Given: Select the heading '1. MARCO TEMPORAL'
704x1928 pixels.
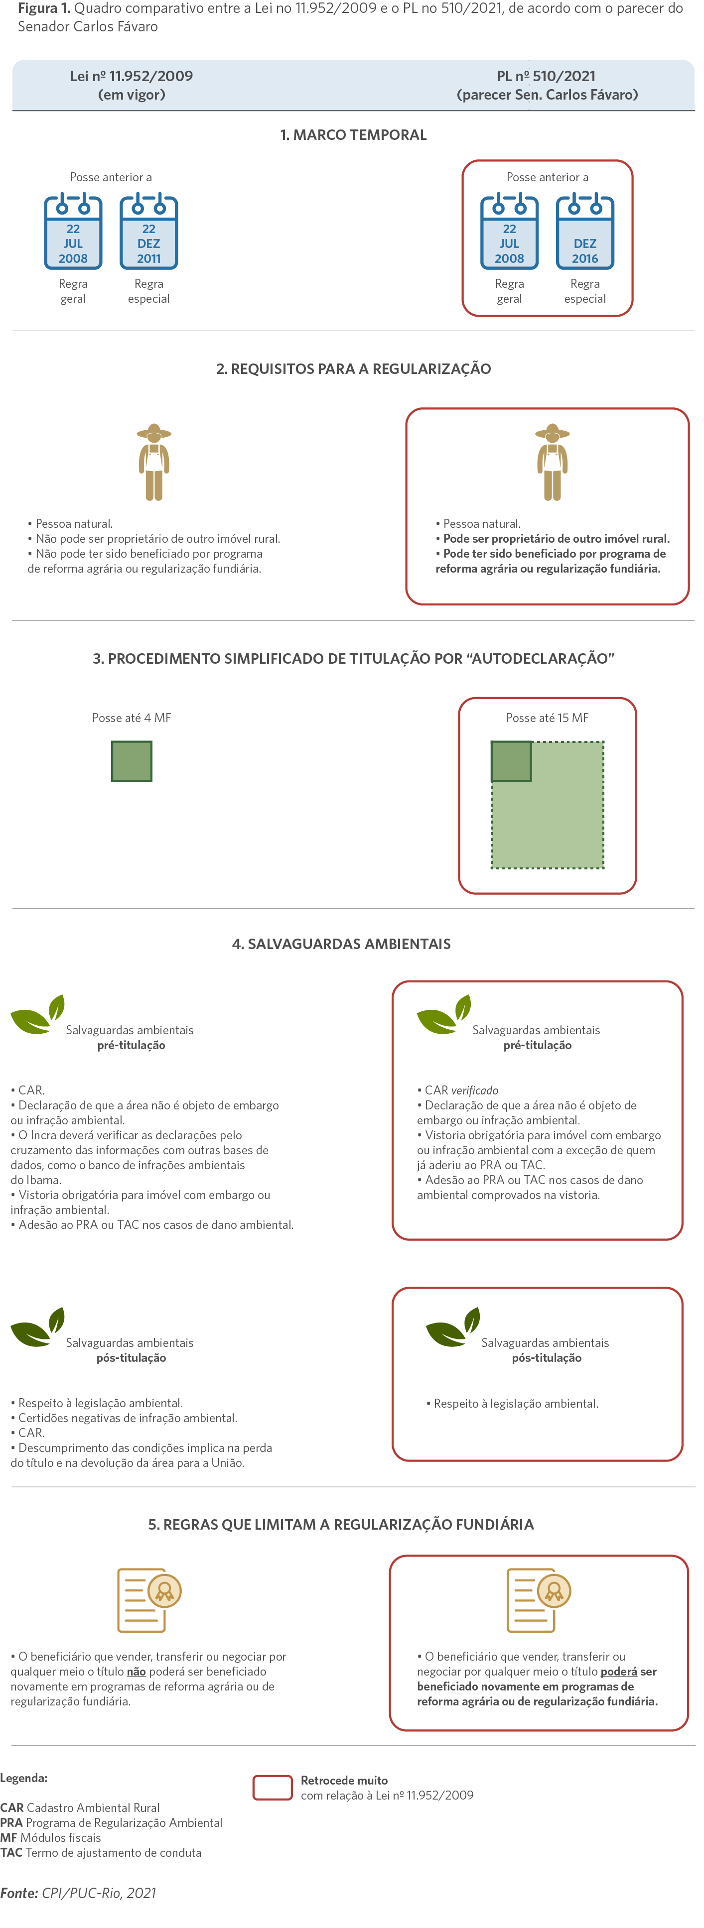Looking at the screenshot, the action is (354, 135).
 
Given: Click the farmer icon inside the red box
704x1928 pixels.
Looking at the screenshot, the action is (553, 462).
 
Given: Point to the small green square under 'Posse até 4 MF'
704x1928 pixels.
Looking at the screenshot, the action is (132, 761).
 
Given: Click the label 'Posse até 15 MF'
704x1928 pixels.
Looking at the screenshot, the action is (548, 718).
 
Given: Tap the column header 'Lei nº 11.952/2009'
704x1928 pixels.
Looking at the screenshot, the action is (132, 76).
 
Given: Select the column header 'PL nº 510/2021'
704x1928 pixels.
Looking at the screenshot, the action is (547, 76).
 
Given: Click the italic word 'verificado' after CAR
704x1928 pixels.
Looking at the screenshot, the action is (475, 1090).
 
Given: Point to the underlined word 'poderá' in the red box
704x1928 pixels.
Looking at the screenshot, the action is (619, 1671).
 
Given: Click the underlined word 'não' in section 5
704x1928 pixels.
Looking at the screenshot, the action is (137, 1671).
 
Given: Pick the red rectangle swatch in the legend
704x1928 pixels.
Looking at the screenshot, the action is (273, 1787).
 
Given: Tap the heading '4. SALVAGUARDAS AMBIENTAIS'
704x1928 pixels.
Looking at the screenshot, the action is (341, 944).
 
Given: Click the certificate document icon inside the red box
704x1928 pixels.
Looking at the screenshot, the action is (539, 1600).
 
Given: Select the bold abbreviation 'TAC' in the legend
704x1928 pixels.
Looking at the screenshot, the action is (11, 1852).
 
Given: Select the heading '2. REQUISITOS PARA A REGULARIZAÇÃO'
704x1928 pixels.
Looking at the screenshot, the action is (354, 369).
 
